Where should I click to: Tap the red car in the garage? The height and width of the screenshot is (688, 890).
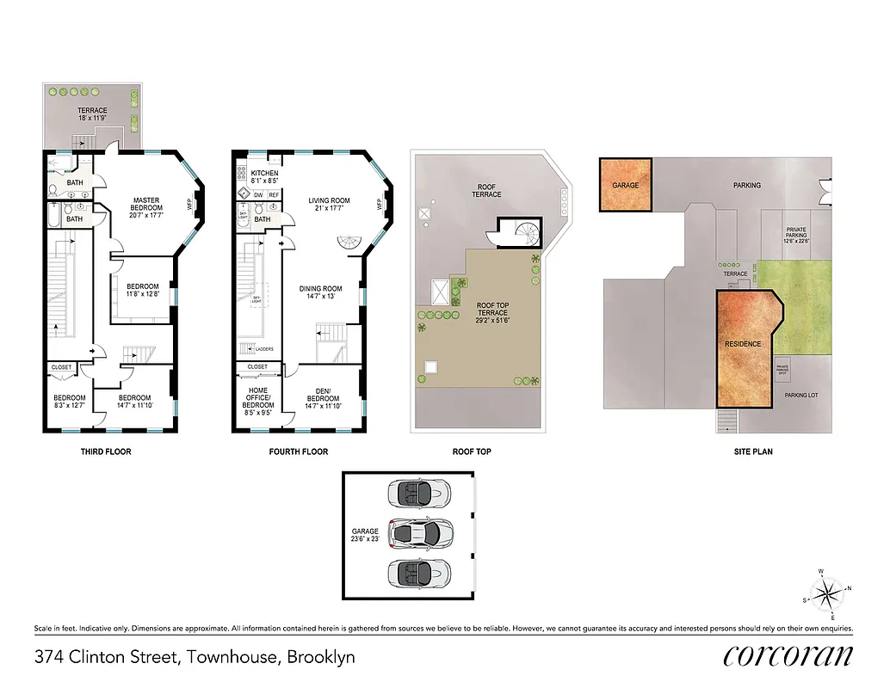(x=418, y=533)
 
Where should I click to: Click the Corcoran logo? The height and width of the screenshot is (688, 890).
(x=788, y=656)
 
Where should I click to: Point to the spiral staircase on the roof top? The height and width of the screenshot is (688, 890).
(x=523, y=231)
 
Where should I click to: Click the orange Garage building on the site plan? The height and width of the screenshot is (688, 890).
(x=625, y=185)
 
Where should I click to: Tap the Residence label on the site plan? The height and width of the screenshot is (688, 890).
(x=742, y=344)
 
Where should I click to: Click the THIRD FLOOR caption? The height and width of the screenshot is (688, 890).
(x=106, y=451)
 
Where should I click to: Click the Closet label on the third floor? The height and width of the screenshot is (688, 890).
(x=62, y=367)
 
